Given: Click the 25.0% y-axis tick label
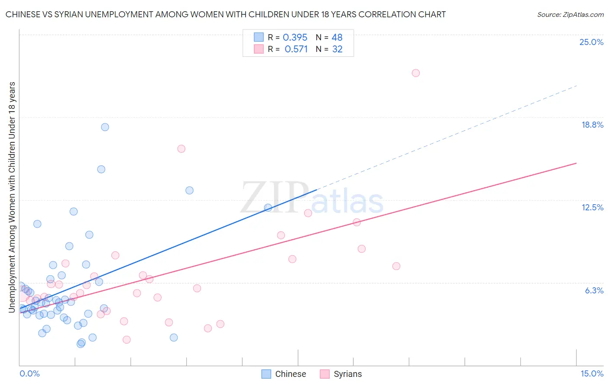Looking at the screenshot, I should (591, 42).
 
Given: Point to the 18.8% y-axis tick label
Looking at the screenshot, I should (592, 125).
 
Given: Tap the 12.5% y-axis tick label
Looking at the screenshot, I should (592, 208).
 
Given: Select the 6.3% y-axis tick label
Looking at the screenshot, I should (594, 291).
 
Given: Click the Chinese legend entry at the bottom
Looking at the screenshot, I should (284, 374).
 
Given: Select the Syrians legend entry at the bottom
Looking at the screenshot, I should (341, 374).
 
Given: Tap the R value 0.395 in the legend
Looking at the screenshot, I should (295, 38).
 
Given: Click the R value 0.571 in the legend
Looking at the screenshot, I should (296, 49).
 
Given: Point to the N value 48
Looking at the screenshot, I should (337, 38).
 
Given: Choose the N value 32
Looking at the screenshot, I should (337, 49).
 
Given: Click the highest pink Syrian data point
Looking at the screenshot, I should (416, 73).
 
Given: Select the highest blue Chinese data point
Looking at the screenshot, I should (105, 127).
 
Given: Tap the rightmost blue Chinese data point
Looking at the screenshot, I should (268, 208).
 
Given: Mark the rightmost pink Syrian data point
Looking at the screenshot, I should (416, 73).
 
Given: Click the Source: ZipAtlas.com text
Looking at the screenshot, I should (570, 15).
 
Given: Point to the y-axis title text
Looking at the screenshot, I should (12, 197).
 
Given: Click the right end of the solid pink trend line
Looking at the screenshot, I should (577, 163).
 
